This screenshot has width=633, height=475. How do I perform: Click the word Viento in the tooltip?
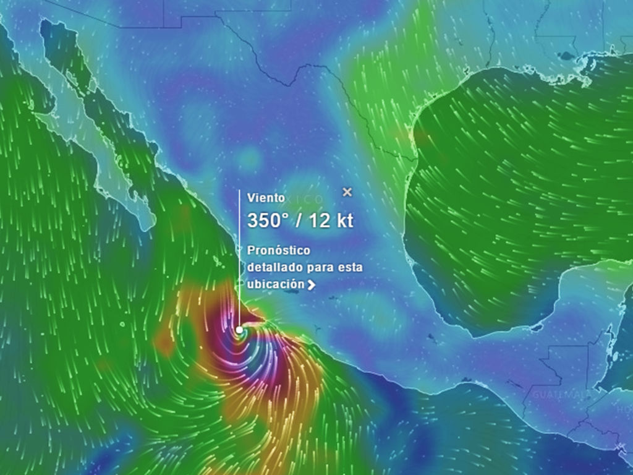coord(266,198)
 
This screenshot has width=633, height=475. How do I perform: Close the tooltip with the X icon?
coord(347,192)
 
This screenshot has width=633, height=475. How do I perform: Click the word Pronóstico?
coord(279,251)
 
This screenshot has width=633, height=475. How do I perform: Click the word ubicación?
coord(276,283)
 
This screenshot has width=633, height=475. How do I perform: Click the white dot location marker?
coord(239,330)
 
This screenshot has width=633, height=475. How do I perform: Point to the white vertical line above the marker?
coord(240,260)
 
